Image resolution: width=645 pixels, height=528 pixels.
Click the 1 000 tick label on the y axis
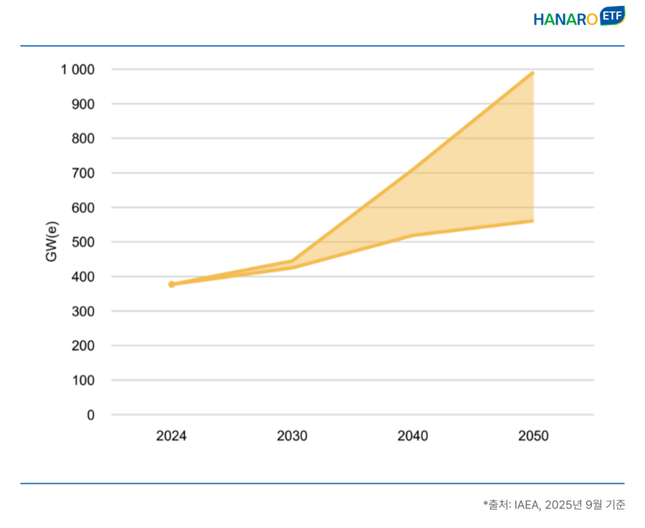78,70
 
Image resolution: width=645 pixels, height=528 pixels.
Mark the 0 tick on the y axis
91,415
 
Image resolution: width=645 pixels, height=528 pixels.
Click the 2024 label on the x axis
172,436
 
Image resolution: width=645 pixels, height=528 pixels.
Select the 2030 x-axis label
292,436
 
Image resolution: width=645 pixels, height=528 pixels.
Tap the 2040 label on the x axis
413,436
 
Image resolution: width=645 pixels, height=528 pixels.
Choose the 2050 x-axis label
533,436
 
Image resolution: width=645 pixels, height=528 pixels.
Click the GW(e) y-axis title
52,243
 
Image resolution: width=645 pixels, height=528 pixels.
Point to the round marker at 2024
172,284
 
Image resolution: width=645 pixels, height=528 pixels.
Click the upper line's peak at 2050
533,73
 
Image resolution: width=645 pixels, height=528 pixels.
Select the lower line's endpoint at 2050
533,221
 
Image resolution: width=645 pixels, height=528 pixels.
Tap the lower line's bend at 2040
413,235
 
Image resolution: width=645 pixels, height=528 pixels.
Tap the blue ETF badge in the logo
612,15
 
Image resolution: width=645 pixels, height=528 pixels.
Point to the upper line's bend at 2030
292,261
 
